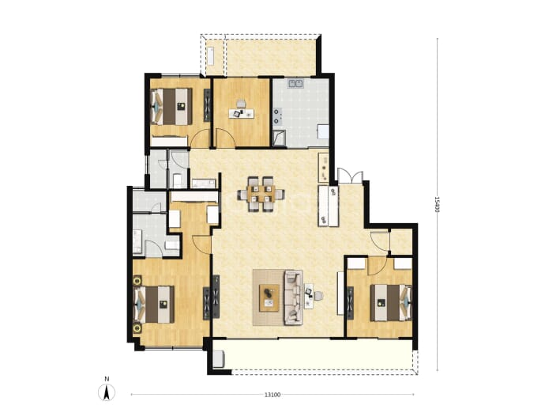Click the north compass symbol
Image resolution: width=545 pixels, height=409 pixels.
click(x=107, y=392)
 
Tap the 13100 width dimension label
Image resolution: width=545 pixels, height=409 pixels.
click(x=272, y=395)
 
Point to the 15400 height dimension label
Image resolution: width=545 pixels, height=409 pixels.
click(x=437, y=204)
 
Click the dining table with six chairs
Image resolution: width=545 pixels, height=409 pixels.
click(x=261, y=194)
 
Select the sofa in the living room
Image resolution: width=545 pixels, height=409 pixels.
click(x=293, y=297)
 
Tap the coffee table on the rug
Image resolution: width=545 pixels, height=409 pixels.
click(x=269, y=298)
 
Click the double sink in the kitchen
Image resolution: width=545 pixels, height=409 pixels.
click(x=295, y=83)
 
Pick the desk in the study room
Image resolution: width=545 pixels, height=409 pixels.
click(x=241, y=113)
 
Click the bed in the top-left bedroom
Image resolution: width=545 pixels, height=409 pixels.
click(x=171, y=106)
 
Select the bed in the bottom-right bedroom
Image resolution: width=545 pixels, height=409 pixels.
click(x=391, y=302)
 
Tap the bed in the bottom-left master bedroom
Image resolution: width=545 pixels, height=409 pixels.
click(x=154, y=305)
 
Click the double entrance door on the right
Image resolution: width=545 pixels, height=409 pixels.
click(x=351, y=176)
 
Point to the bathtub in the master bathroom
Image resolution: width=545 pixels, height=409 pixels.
click(x=137, y=241)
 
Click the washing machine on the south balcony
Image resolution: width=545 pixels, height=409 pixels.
click(x=219, y=359)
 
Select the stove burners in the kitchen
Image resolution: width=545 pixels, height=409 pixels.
click(x=277, y=116)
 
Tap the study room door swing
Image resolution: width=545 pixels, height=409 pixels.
click(x=225, y=138)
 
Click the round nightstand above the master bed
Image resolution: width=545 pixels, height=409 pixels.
click(x=137, y=280)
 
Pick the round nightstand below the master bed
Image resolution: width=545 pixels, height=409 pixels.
click(x=137, y=328)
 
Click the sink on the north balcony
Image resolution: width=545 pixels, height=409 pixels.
click(x=211, y=55)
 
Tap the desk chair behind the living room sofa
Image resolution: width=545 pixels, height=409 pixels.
click(x=318, y=296)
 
